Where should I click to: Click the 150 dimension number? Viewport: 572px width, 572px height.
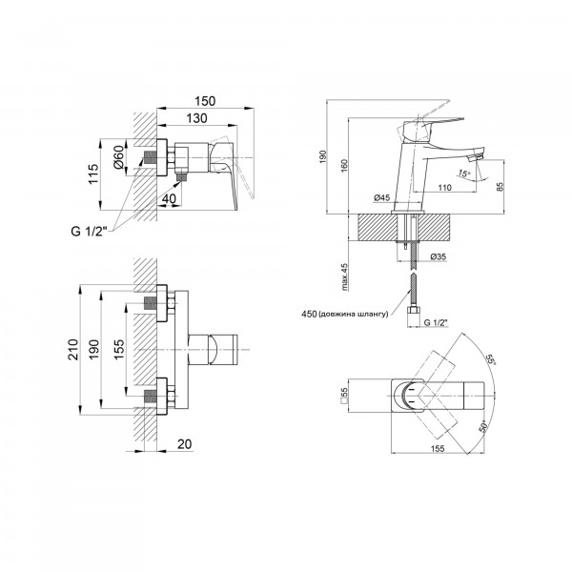click(205, 101)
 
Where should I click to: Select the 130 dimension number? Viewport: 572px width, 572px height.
click(197, 118)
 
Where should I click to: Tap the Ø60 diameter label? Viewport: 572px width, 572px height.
click(118, 157)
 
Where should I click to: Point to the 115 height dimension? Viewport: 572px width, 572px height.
click(93, 174)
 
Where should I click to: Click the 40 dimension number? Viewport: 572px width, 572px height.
click(169, 199)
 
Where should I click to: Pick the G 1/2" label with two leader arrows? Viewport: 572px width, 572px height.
click(89, 232)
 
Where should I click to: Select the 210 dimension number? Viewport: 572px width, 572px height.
click(73, 349)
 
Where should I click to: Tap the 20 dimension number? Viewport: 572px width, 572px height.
click(185, 444)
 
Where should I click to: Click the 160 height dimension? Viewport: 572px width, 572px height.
click(344, 166)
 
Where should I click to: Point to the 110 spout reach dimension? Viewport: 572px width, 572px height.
click(444, 188)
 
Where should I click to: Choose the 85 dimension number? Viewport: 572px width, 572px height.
click(500, 186)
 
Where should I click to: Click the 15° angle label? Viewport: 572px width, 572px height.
click(464, 174)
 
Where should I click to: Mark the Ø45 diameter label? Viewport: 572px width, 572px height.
click(382, 197)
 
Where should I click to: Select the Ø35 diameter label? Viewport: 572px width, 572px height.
click(439, 256)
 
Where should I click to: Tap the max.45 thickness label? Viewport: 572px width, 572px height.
click(345, 276)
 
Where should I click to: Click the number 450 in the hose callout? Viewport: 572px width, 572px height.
click(309, 314)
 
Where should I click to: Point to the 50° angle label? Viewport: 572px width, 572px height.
click(483, 427)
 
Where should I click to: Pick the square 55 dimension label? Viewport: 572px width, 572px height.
click(344, 395)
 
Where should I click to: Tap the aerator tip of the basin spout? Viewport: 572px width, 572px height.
click(475, 158)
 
